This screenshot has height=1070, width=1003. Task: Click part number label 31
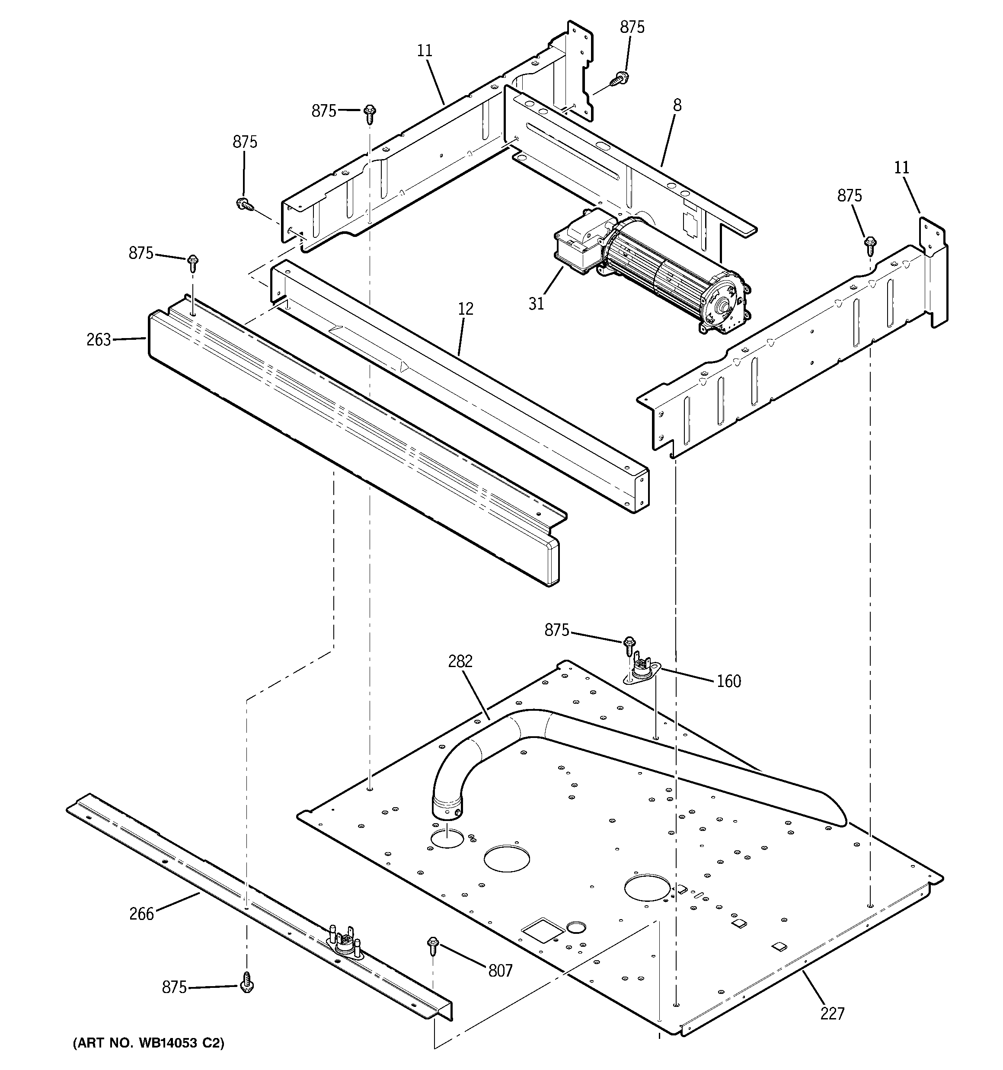click(536, 303)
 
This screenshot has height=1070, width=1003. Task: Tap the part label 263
click(99, 340)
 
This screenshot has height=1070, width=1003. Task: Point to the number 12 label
click(466, 309)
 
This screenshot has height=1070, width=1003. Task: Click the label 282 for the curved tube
click(460, 661)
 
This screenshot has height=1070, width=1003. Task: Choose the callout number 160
click(728, 681)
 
